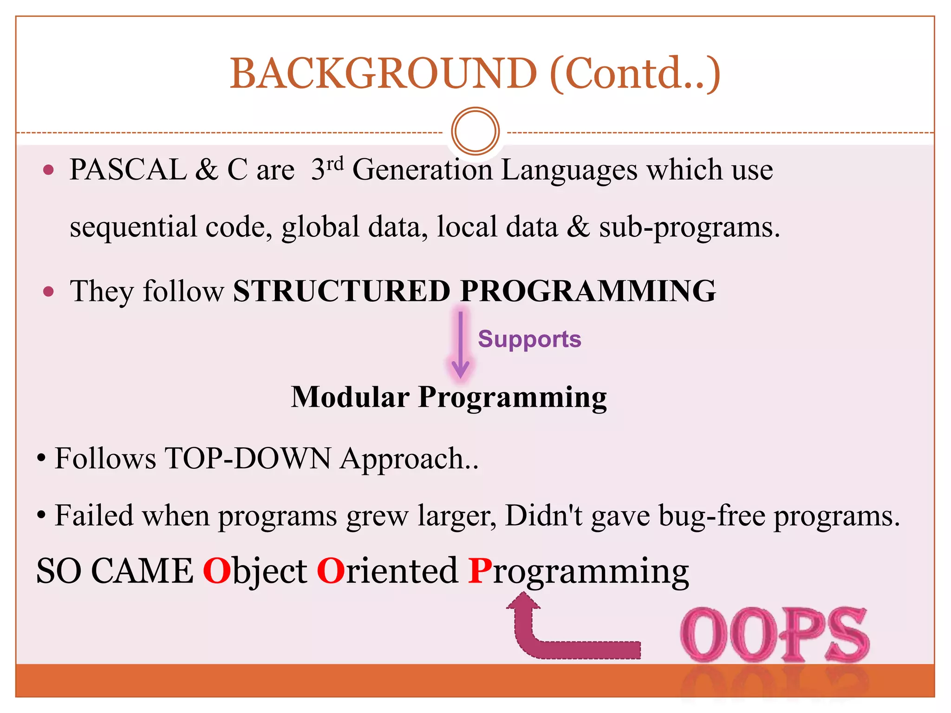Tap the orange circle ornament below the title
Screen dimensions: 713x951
pyautogui.click(x=475, y=131)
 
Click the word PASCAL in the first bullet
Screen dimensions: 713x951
pyautogui.click(x=128, y=169)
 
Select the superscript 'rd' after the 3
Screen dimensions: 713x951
pyautogui.click(x=334, y=163)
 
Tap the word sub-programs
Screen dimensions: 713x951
pyautogui.click(x=689, y=227)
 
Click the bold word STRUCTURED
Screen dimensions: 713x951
pyautogui.click(x=342, y=292)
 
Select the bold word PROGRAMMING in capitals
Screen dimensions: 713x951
pyautogui.click(x=588, y=292)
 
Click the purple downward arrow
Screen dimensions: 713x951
pyautogui.click(x=460, y=345)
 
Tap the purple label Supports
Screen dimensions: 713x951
pyautogui.click(x=529, y=339)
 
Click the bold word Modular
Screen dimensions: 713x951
pyautogui.click(x=350, y=397)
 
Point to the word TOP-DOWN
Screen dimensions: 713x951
pyautogui.click(x=248, y=459)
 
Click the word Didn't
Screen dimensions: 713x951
pyautogui.click(x=543, y=516)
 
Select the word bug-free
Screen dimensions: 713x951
pyautogui.click(x=711, y=516)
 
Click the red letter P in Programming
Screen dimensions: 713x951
pyautogui.click(x=480, y=570)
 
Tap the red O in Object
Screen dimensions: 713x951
pyautogui.click(x=217, y=570)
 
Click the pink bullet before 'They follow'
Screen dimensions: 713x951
pyautogui.click(x=48, y=292)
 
